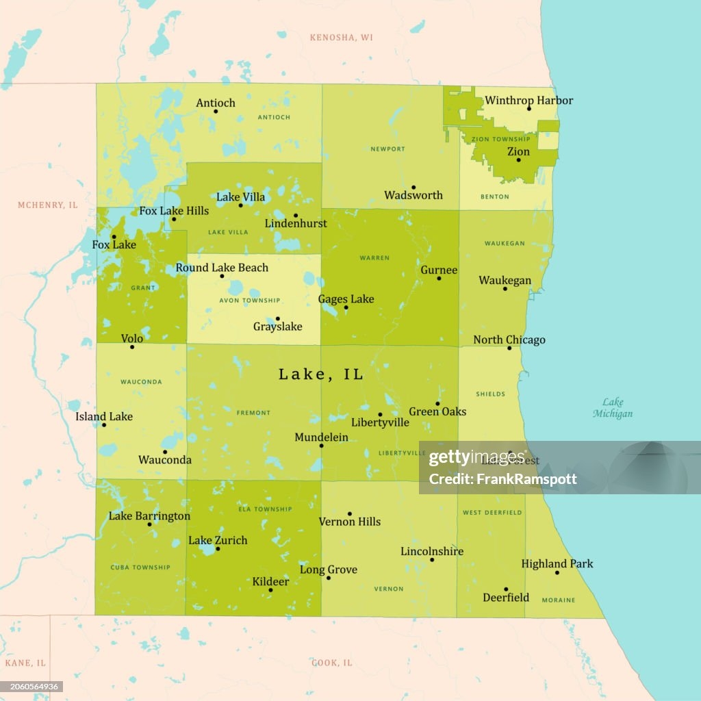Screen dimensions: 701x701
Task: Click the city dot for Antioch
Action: (216, 112)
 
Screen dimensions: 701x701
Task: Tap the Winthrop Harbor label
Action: (528, 101)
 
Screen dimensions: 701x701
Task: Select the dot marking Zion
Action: (518, 160)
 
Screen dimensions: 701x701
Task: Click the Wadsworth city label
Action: (413, 195)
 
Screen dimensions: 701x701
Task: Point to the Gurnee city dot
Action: (439, 278)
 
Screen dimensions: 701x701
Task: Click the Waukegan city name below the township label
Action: (505, 281)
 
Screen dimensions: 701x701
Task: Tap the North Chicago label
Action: (509, 340)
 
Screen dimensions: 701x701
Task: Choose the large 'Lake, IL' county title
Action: (320, 374)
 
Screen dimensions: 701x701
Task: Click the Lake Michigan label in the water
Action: (613, 408)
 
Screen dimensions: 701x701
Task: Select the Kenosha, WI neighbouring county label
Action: (342, 37)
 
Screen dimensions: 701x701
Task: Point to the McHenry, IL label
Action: (48, 205)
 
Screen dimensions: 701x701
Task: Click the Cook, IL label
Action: (332, 663)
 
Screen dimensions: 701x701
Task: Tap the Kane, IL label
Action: (25, 663)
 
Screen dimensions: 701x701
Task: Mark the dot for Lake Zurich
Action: (218, 549)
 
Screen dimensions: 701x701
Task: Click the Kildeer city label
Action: (270, 581)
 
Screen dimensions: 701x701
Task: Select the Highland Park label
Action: (557, 564)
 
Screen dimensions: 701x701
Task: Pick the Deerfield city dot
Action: (506, 589)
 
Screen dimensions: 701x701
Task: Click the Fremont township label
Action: (253, 413)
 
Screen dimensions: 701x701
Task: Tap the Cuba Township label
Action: (140, 567)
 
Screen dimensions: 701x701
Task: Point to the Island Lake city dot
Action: (104, 425)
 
